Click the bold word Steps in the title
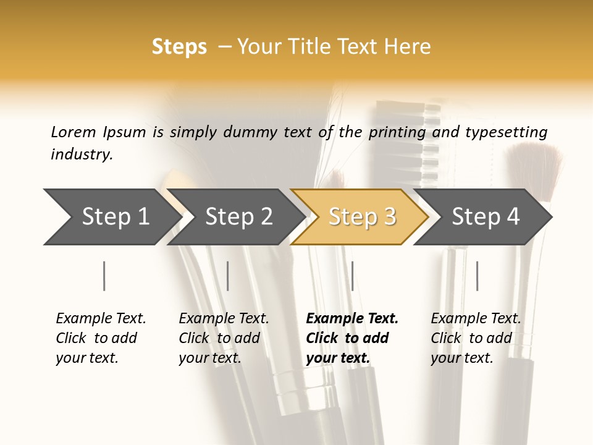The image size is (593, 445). pyautogui.click(x=179, y=46)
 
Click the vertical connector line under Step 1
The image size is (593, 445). pyautogui.click(x=104, y=276)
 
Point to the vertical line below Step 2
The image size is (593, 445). pyautogui.click(x=228, y=276)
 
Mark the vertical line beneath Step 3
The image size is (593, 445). pyautogui.click(x=352, y=276)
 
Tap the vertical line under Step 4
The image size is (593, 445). pyautogui.click(x=477, y=276)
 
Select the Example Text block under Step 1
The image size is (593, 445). pyautogui.click(x=101, y=338)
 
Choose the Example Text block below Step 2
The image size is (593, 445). pyautogui.click(x=224, y=338)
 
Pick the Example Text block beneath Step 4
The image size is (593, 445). pyautogui.click(x=476, y=338)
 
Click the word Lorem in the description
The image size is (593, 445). pyautogui.click(x=74, y=132)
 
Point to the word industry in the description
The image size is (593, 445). pyautogui.click(x=82, y=154)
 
